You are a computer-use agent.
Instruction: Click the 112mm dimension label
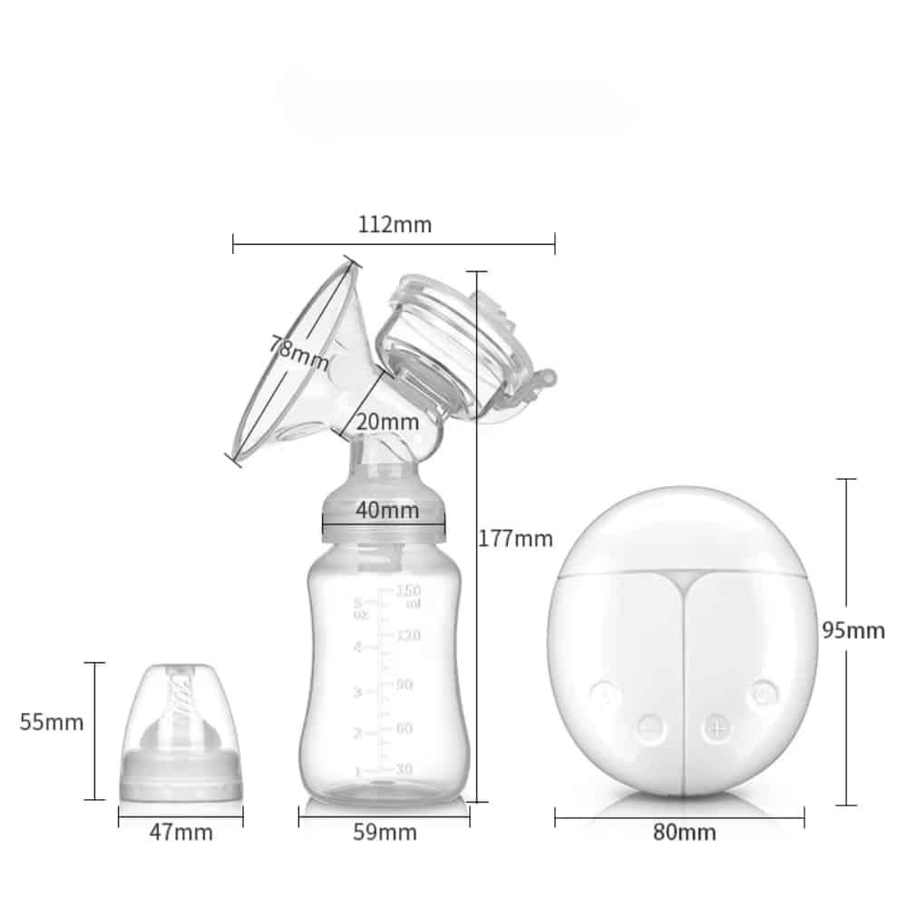394,225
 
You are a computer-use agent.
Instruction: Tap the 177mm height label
515,539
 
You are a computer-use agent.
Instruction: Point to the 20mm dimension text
387,421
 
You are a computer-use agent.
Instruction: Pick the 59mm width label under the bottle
385,832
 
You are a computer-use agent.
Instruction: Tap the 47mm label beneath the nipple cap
180,832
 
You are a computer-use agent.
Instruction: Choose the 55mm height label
52,722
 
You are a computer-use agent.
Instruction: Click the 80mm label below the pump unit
684,832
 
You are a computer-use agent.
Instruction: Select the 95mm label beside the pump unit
853,630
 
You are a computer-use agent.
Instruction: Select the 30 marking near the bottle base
405,769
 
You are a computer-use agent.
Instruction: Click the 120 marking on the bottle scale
406,635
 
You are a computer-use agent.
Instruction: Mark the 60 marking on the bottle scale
405,728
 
